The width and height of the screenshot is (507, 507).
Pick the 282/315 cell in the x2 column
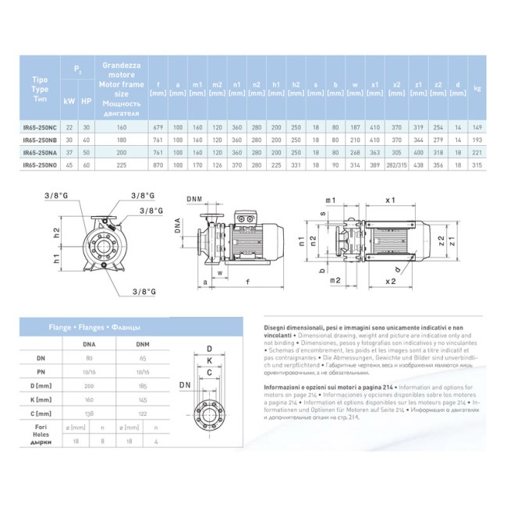pos(396,165)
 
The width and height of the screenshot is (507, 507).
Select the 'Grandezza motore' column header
pos(120,72)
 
